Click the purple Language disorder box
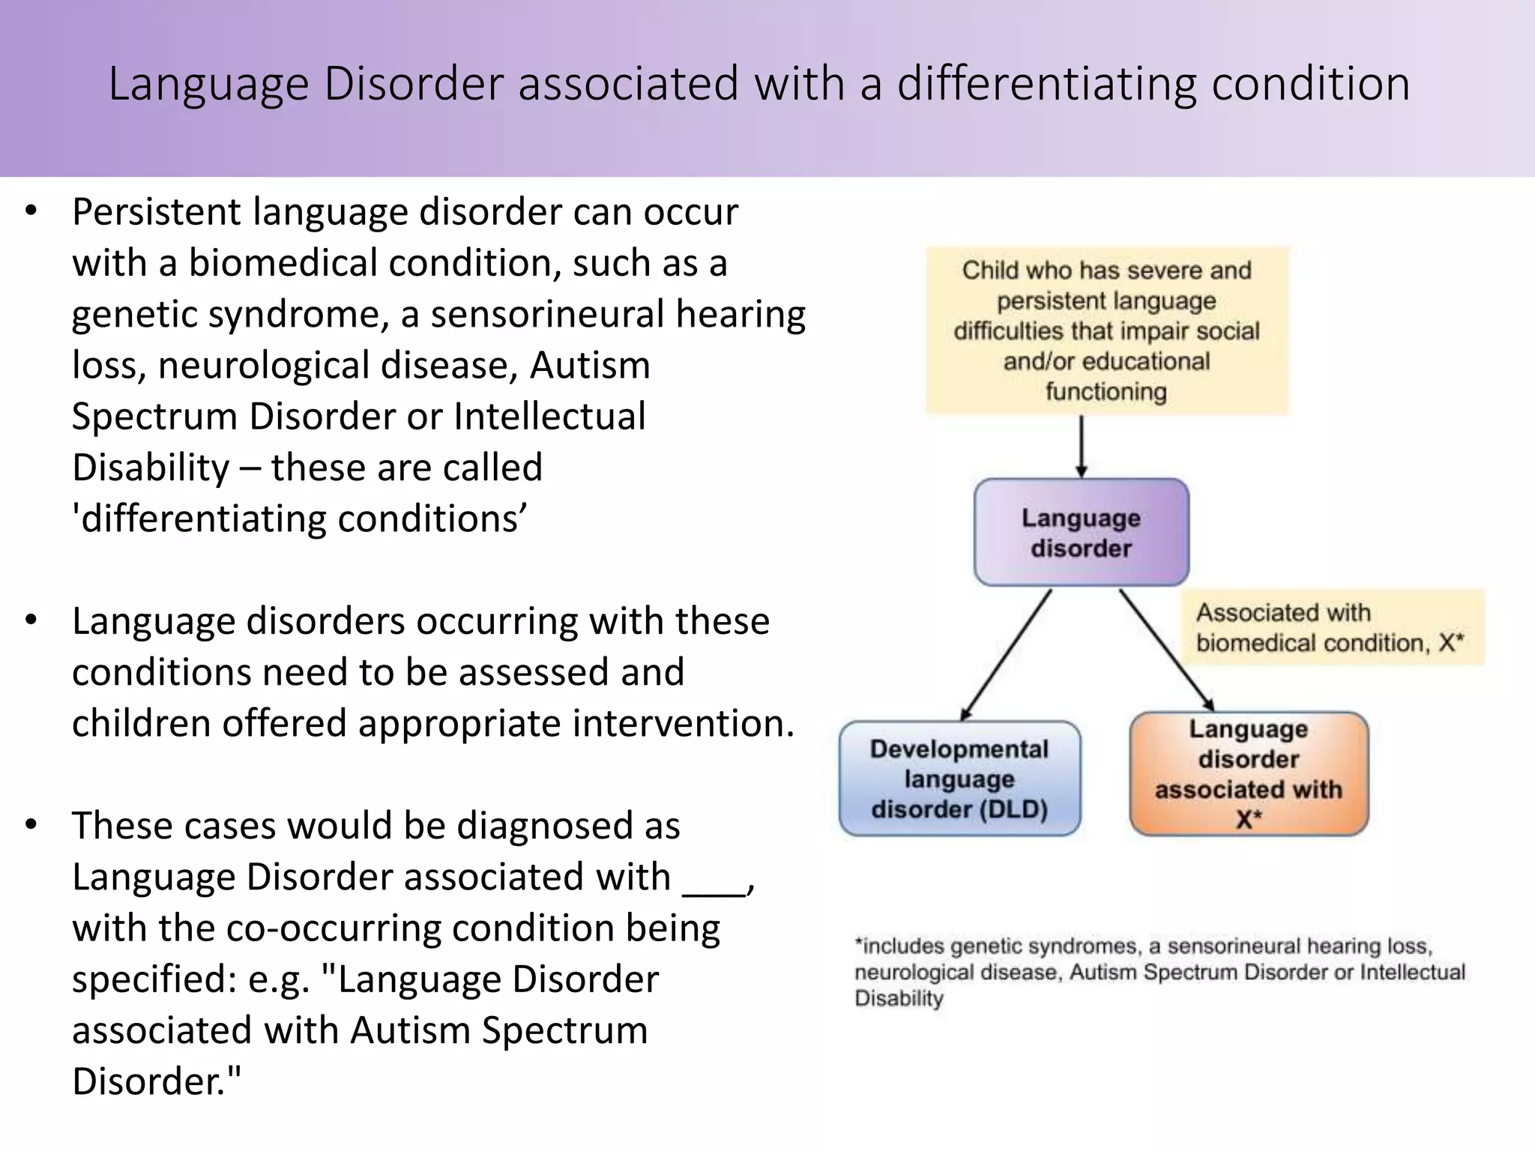click(x=1081, y=532)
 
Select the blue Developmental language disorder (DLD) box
click(x=959, y=779)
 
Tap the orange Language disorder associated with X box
click(x=1249, y=773)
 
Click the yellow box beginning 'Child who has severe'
click(x=1106, y=330)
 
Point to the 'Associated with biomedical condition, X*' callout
click(x=1331, y=627)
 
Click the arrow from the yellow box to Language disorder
click(x=1081, y=446)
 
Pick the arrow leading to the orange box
click(x=1166, y=649)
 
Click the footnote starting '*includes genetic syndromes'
click(x=1159, y=972)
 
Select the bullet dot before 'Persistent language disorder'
click(x=30, y=211)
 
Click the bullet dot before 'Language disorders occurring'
click(x=30, y=620)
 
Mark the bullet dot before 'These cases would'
click(x=30, y=825)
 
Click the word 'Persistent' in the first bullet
click(x=156, y=212)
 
